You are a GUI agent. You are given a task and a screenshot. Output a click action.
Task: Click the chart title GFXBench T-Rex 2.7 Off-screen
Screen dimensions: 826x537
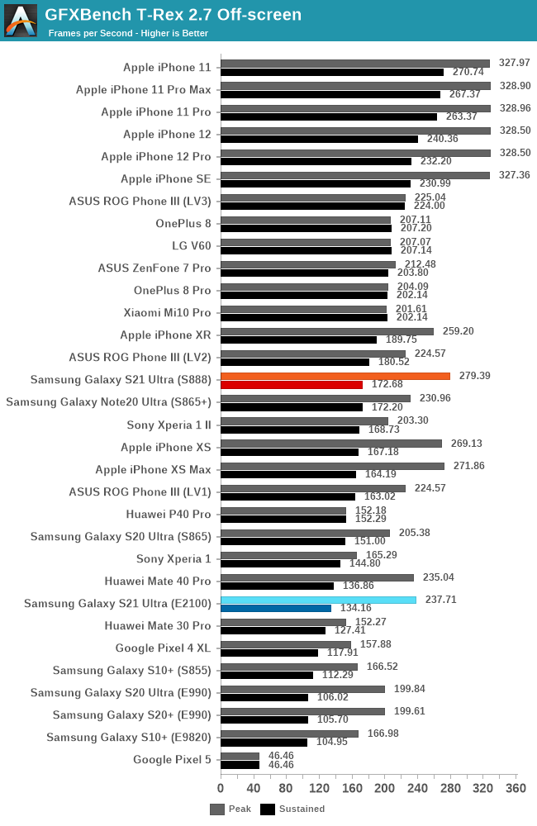pyautogui.click(x=173, y=14)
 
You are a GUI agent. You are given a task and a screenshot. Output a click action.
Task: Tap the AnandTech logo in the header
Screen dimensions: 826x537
pyautogui.click(x=21, y=21)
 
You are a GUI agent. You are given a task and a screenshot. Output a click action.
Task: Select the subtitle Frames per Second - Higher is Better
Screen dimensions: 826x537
pyautogui.click(x=128, y=33)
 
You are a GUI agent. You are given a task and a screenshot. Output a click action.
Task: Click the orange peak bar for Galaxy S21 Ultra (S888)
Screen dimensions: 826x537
pyautogui.click(x=335, y=376)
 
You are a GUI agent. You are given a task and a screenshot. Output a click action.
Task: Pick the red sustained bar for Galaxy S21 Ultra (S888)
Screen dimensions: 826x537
pyautogui.click(x=292, y=385)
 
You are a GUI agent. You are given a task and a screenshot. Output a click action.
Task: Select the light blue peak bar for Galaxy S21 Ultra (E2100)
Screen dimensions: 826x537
pyautogui.click(x=318, y=600)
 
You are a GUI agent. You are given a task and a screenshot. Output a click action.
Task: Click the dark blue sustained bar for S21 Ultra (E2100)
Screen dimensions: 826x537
pyautogui.click(x=276, y=609)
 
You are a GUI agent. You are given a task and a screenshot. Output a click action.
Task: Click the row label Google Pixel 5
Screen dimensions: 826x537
pyautogui.click(x=172, y=759)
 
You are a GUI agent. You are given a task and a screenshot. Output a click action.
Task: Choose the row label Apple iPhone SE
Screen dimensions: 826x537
pyautogui.click(x=165, y=178)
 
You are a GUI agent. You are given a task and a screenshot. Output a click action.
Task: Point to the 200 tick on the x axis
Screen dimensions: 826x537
pyautogui.click(x=385, y=787)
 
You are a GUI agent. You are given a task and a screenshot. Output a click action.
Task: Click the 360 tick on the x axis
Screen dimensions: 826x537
pyautogui.click(x=516, y=787)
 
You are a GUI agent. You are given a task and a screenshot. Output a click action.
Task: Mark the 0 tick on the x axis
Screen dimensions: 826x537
pyautogui.click(x=221, y=787)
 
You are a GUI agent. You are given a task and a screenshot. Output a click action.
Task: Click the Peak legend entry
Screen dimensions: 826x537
pyautogui.click(x=230, y=809)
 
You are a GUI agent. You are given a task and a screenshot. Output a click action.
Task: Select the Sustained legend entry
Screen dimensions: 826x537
pyautogui.click(x=292, y=809)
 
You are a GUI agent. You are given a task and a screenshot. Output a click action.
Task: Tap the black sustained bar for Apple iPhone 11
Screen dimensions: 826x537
pyautogui.click(x=332, y=72)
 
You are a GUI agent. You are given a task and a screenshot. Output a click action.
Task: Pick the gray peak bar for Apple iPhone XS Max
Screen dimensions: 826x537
pyautogui.click(x=332, y=466)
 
